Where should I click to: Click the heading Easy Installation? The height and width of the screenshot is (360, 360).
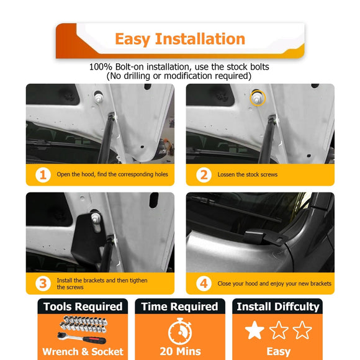180,39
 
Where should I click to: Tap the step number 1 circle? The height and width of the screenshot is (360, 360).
43,175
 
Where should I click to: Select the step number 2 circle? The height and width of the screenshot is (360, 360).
204,175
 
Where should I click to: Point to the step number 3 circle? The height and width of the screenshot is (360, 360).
43,284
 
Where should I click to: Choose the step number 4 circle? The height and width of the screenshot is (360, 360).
204,284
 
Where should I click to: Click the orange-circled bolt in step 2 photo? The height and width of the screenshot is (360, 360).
258,98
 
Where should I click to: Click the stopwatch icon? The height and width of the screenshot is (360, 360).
180,331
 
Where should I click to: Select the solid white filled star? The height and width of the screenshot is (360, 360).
254,330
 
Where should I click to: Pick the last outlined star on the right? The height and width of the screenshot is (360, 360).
302,330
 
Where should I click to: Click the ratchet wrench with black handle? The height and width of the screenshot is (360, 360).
81,338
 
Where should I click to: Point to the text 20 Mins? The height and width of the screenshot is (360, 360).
180,351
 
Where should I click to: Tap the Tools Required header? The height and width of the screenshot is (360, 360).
83,307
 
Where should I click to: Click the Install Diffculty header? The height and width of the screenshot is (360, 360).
278,307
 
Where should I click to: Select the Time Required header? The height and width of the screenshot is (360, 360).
180,307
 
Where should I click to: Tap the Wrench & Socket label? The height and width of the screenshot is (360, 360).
83,352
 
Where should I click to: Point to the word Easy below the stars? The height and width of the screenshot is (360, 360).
279,352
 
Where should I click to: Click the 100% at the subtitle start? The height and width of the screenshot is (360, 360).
101,67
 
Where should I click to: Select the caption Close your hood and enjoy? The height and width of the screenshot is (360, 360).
254,284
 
